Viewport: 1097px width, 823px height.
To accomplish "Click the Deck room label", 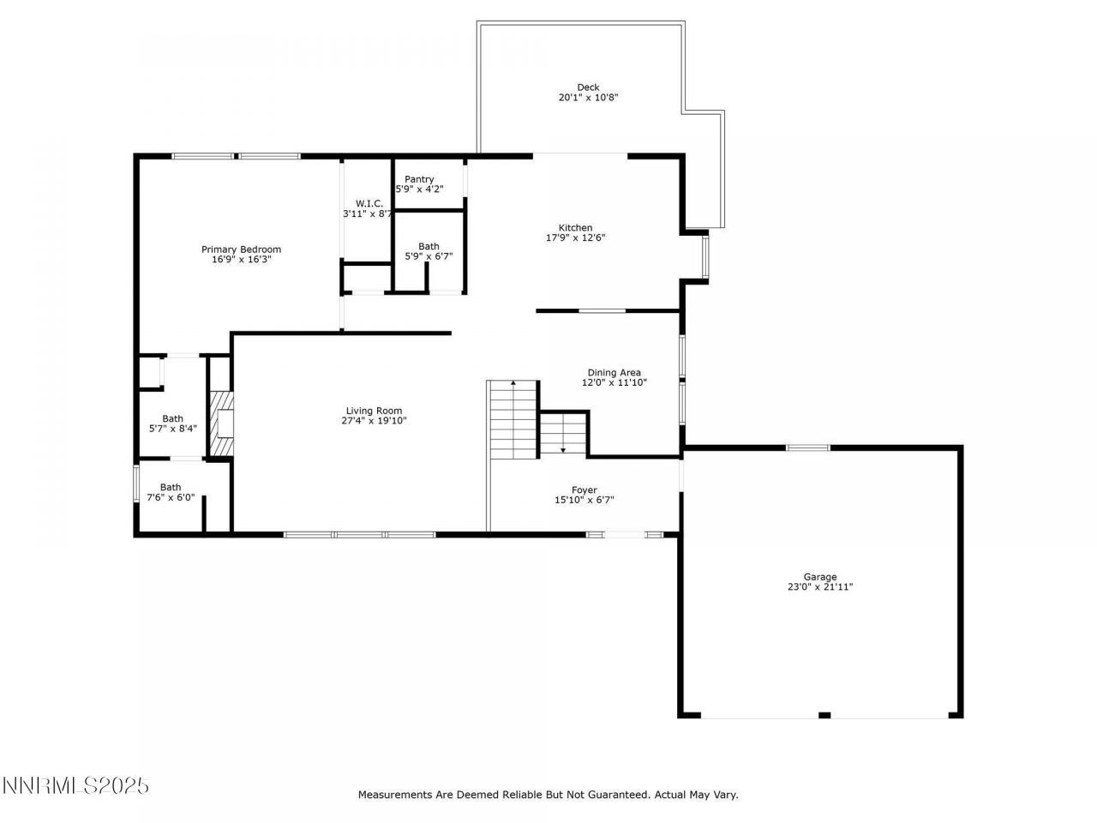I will [x=588, y=87].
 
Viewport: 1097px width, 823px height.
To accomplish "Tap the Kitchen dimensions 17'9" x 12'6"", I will [x=576, y=238].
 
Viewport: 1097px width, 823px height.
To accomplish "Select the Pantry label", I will [x=419, y=179].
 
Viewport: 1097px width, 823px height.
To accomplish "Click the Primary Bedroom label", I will [x=241, y=249].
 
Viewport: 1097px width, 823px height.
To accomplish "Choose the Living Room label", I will [x=374, y=411].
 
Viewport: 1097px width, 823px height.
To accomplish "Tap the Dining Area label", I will [x=614, y=373].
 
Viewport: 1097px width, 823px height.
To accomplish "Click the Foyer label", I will [x=584, y=490].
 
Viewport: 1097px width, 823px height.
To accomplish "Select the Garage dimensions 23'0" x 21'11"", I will [x=820, y=587].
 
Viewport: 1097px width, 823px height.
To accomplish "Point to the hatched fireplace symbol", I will [x=222, y=424].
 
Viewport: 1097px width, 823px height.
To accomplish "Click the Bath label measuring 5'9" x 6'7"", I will [x=429, y=246].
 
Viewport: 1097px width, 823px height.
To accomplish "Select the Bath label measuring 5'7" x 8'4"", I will [x=172, y=418].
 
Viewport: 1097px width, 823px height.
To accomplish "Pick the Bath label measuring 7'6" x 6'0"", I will [x=171, y=487].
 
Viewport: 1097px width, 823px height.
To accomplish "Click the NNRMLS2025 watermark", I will [x=76, y=785].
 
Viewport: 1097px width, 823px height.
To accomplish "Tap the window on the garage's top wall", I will [x=808, y=448].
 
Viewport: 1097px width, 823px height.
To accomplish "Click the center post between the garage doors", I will [x=824, y=714].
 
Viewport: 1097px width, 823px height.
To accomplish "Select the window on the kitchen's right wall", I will [x=705, y=257].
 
